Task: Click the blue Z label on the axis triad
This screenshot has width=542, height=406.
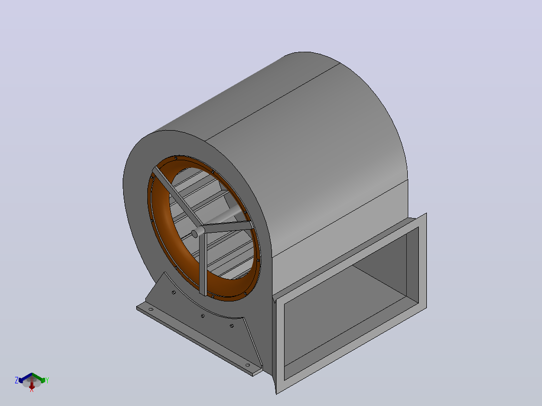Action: [x=16, y=380]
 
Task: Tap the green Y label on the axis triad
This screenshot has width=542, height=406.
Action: [x=47, y=380]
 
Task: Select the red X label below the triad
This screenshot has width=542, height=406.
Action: [x=32, y=390]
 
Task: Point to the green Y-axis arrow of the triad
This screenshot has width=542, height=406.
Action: [x=39, y=378]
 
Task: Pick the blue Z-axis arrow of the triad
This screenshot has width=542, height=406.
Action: [x=25, y=378]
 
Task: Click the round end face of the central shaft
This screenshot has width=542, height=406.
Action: [x=195, y=234]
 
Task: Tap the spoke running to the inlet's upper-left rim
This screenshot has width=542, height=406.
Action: [x=177, y=196]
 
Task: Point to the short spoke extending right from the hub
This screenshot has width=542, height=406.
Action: [x=226, y=226]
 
